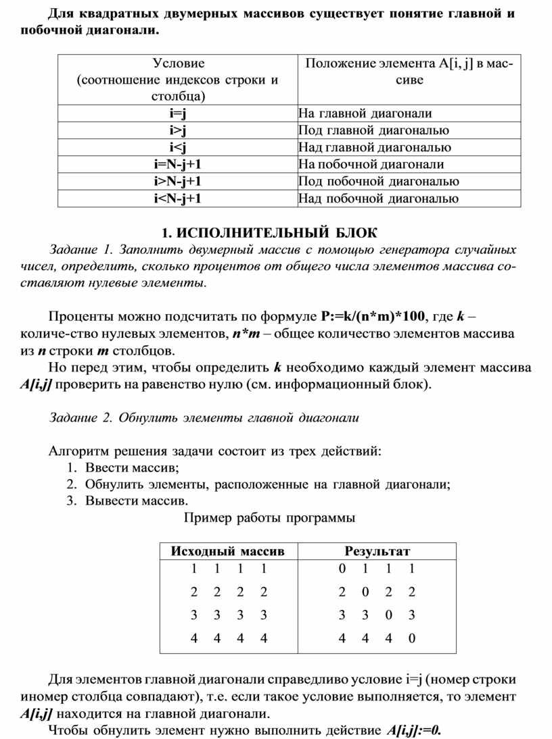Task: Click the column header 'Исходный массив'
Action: tap(227, 551)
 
